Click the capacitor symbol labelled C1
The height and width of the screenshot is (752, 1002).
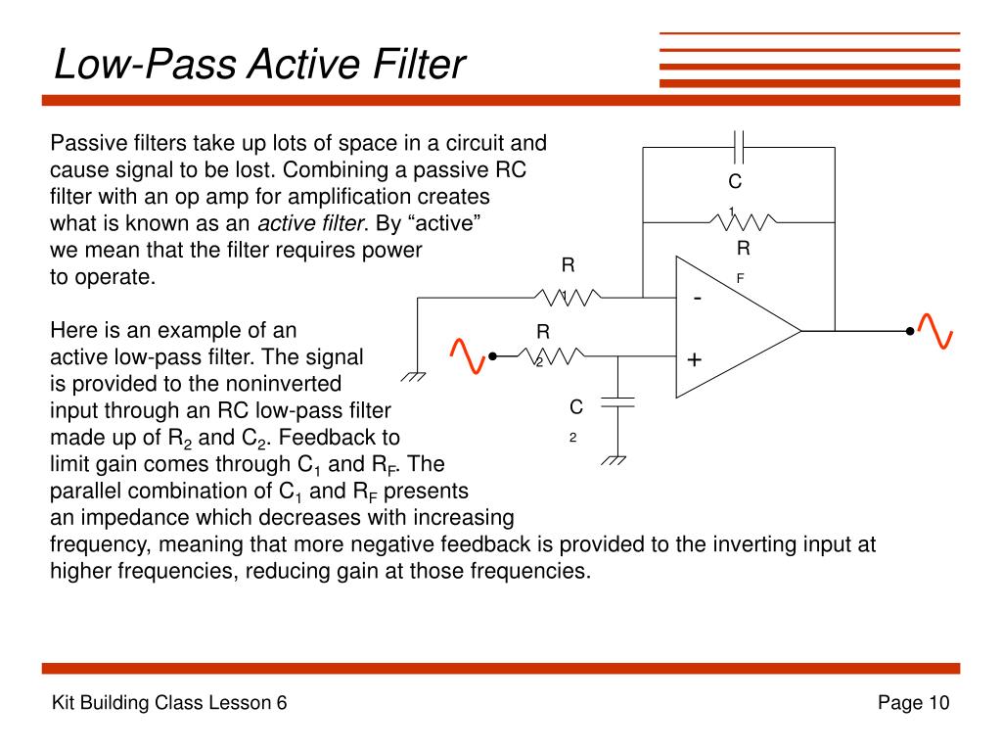(x=740, y=147)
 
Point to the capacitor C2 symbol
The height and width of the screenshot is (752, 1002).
(x=617, y=400)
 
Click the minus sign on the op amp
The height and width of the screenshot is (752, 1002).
(x=697, y=298)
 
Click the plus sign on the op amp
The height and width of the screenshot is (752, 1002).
(x=695, y=360)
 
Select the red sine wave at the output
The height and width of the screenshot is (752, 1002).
(x=935, y=331)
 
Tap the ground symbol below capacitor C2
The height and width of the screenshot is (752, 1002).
(x=616, y=458)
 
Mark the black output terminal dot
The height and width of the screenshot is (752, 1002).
(x=910, y=332)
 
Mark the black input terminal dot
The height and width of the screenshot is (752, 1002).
(x=493, y=356)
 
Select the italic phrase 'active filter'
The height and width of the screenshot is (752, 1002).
(x=309, y=223)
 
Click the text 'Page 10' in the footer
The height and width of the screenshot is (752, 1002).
(x=913, y=703)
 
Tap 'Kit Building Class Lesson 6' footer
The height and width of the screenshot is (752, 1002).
(x=168, y=703)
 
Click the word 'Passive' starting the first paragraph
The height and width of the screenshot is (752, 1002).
(x=84, y=143)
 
